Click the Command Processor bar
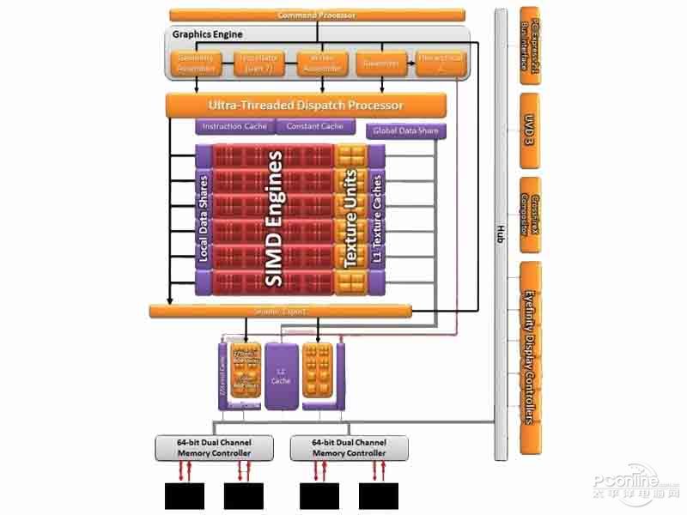point(317,15)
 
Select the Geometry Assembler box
point(197,63)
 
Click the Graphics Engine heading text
point(208,34)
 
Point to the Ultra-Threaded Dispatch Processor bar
point(306,106)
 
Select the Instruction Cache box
point(234,126)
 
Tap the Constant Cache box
point(315,126)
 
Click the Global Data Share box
point(406,131)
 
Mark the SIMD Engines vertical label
point(275,219)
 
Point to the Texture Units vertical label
point(350,219)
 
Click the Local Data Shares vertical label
point(204,219)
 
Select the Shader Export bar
point(280,311)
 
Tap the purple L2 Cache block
point(280,375)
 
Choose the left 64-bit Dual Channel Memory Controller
point(214,447)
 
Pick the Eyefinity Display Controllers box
point(530,356)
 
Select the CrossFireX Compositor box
point(530,215)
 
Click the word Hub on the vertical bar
point(501,232)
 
